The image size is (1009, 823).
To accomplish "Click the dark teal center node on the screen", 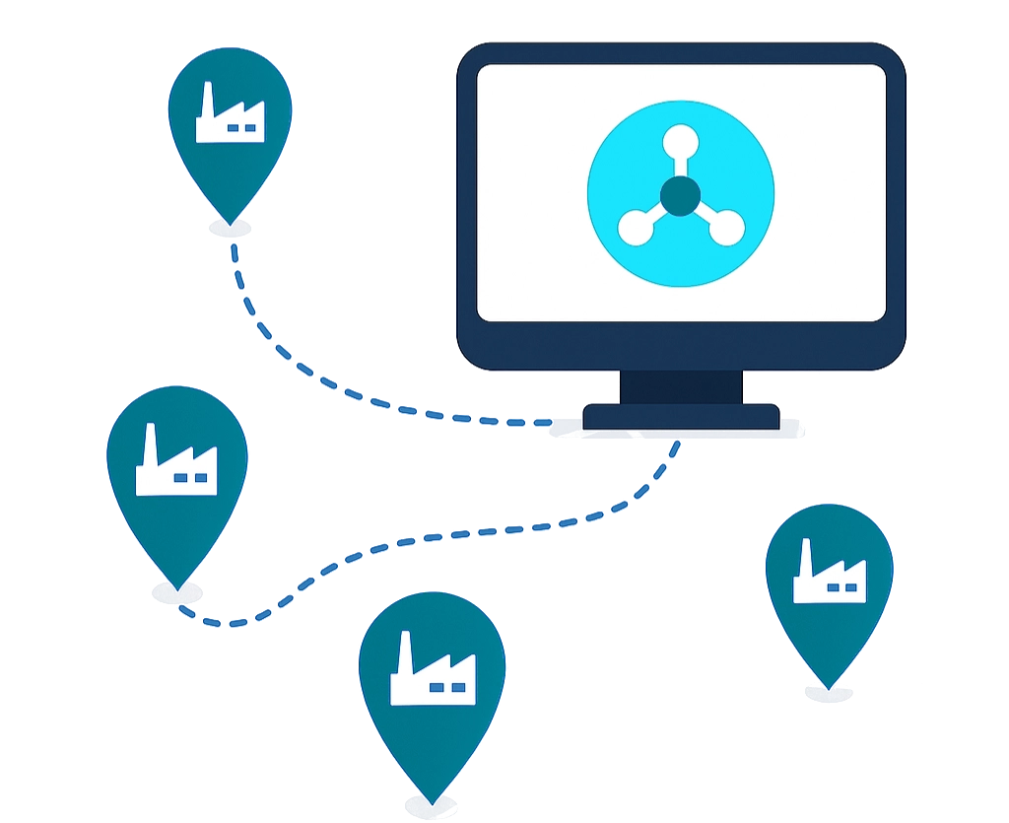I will pyautogui.click(x=680, y=195).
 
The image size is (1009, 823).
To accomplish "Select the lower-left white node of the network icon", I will pyautogui.click(x=634, y=228).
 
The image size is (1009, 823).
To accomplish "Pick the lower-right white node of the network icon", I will pyautogui.click(x=726, y=228).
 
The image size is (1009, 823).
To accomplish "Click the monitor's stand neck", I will pyautogui.click(x=680, y=385).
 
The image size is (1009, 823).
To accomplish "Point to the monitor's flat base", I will pyautogui.click(x=680, y=416).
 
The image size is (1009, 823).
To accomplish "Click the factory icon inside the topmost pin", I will pyautogui.click(x=230, y=116).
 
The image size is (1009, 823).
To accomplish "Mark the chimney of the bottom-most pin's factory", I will pyautogui.click(x=404, y=652).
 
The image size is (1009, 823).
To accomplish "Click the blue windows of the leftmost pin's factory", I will pyautogui.click(x=190, y=478).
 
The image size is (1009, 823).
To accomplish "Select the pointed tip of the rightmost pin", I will pyautogui.click(x=830, y=685).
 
